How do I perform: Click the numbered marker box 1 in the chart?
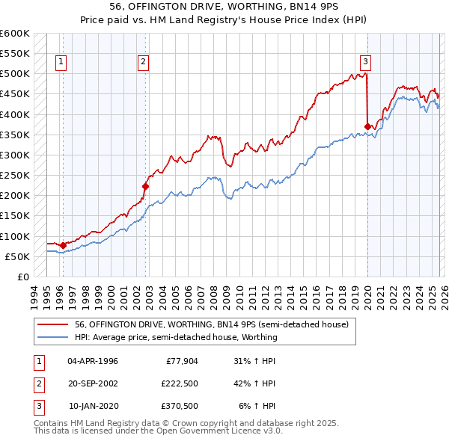tap(60, 62)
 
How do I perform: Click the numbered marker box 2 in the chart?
tap(143, 62)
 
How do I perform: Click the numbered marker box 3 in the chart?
tap(365, 62)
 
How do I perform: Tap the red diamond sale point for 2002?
tap(146, 186)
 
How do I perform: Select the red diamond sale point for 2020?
tap(367, 126)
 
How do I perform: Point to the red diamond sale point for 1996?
tap(63, 245)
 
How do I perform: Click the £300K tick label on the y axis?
tap(14, 155)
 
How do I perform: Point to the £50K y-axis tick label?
tap(16, 256)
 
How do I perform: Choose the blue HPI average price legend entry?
tap(176, 337)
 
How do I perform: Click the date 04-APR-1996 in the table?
tap(92, 360)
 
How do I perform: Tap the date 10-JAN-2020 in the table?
tap(92, 406)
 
